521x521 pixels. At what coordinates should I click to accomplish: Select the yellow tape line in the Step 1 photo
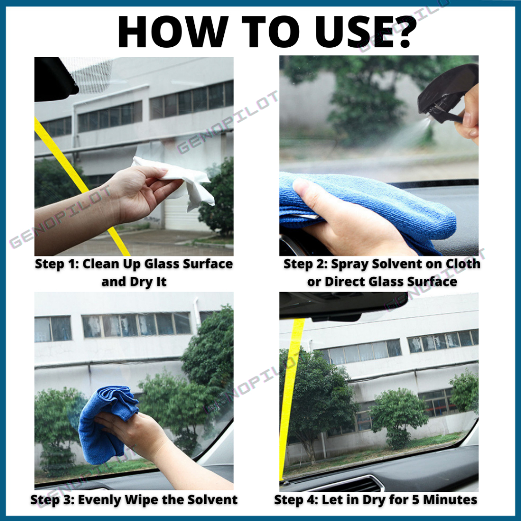[x=81, y=186]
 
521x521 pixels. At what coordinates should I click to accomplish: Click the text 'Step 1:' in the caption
[x=56, y=264]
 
